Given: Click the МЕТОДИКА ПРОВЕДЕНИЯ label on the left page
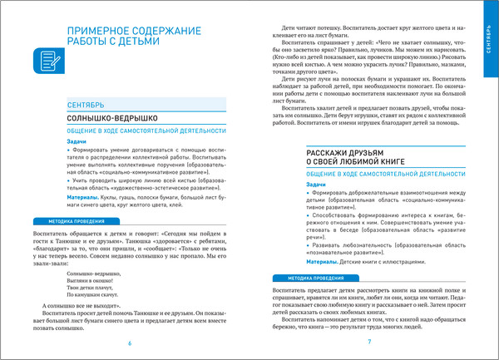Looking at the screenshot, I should [66, 222].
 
